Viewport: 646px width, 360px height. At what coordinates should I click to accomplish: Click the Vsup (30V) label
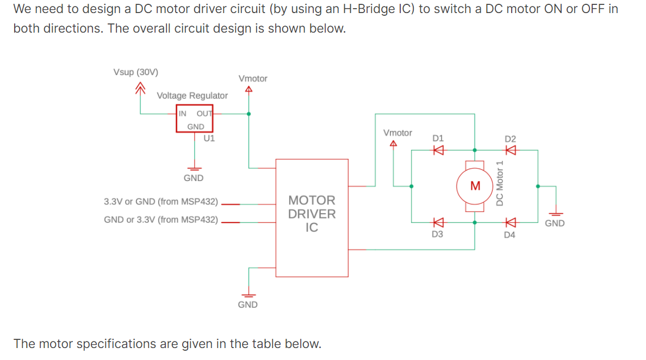pyautogui.click(x=136, y=72)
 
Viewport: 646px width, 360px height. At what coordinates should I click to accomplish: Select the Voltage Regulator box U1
pyautogui.click(x=195, y=120)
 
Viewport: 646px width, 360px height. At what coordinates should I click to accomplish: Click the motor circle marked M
pyautogui.click(x=475, y=186)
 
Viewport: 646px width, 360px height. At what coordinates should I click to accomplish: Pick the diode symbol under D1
pyautogui.click(x=438, y=151)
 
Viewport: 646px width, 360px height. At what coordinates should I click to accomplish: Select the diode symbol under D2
pyautogui.click(x=510, y=151)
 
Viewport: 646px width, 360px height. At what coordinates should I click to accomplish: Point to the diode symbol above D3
pyautogui.click(x=438, y=222)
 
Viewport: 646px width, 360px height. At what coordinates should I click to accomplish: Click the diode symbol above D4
pyautogui.click(x=510, y=222)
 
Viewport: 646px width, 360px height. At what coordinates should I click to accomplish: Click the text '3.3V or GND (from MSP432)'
pyautogui.click(x=161, y=202)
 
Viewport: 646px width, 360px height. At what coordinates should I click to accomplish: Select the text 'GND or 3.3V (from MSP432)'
pyautogui.click(x=161, y=220)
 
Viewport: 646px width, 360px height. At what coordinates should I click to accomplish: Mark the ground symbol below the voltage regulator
pyautogui.click(x=194, y=168)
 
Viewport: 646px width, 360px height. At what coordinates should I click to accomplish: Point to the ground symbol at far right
pyautogui.click(x=555, y=214)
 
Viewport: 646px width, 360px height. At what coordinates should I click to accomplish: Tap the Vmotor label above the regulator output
pyautogui.click(x=253, y=79)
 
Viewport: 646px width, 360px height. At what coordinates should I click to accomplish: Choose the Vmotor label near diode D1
pyautogui.click(x=397, y=133)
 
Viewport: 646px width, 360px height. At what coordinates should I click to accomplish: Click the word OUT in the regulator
pyautogui.click(x=204, y=114)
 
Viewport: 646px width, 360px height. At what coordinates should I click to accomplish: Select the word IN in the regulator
pyautogui.click(x=183, y=114)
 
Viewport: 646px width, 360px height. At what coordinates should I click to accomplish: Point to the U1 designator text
pyautogui.click(x=209, y=138)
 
